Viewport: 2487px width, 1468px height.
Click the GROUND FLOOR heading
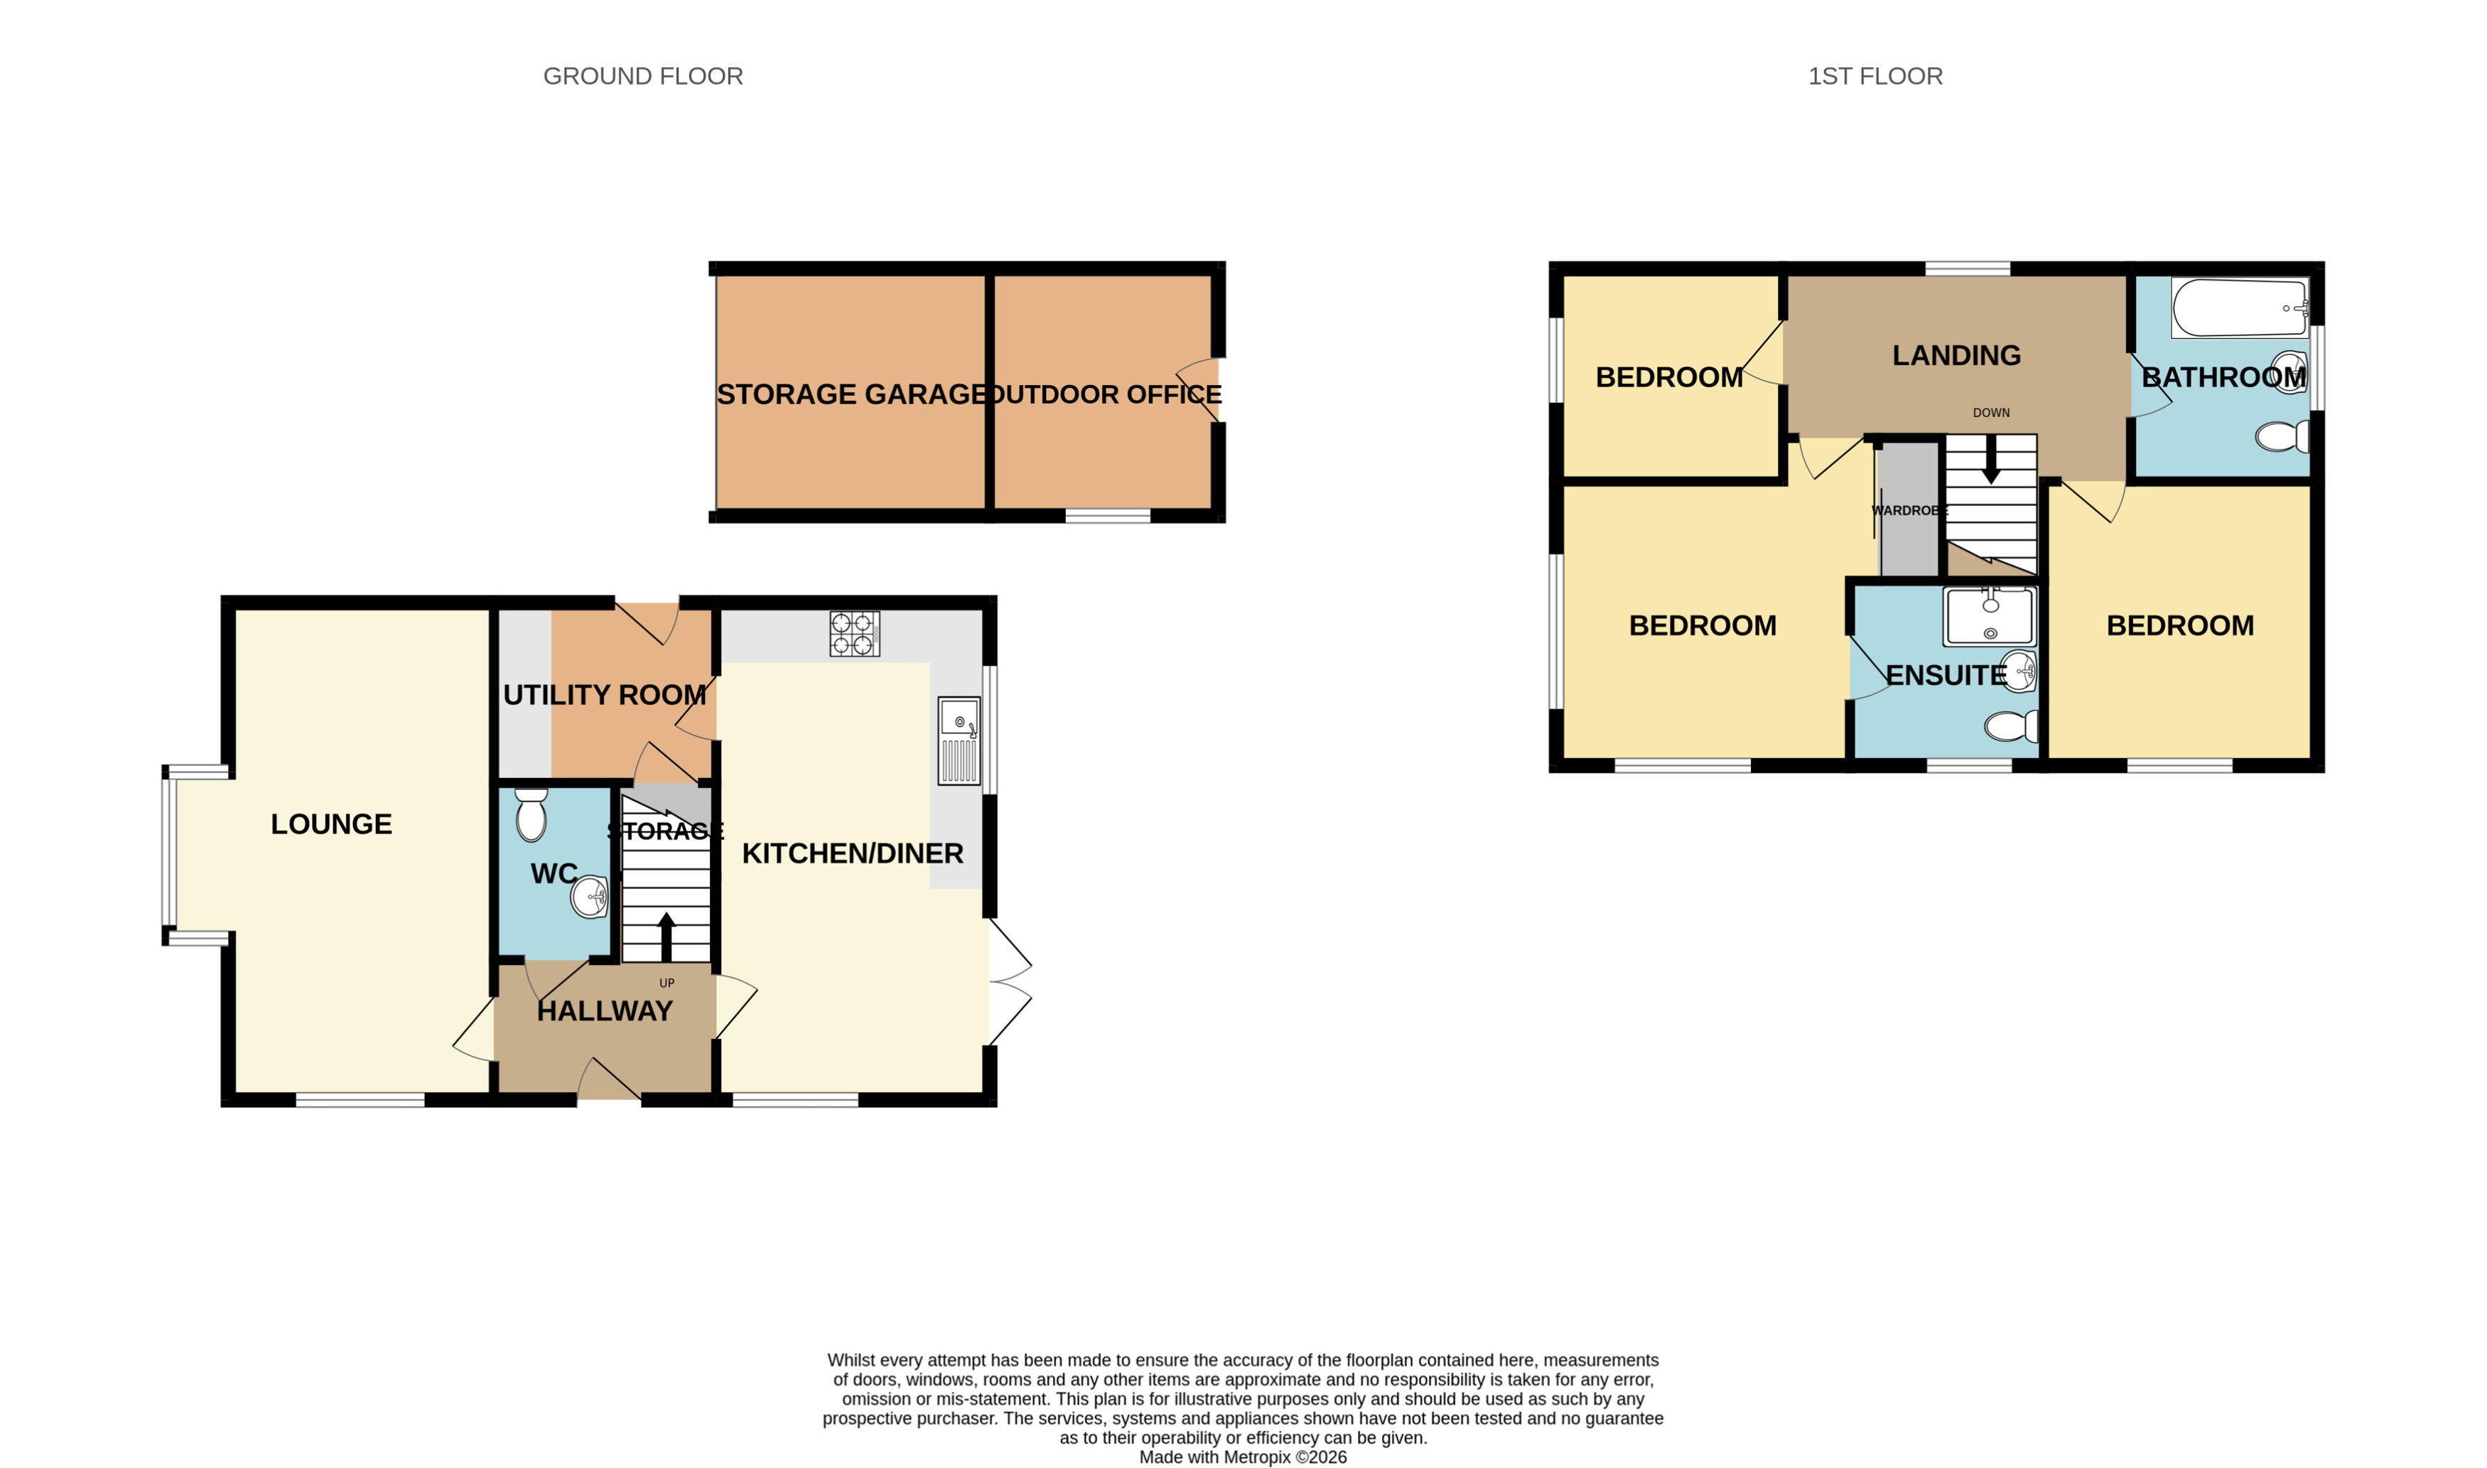[643, 76]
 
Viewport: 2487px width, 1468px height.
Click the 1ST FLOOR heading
[1874, 76]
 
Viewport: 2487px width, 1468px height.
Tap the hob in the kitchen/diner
[853, 634]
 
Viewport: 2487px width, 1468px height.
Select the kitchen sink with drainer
[959, 741]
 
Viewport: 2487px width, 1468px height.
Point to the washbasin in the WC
[590, 897]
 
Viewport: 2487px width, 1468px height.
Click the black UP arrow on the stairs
[666, 936]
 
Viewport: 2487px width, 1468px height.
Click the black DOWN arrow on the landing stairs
[1990, 460]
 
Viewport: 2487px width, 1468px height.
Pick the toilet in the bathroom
[2281, 436]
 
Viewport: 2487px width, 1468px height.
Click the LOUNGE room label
[331, 824]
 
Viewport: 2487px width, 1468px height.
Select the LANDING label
[1955, 355]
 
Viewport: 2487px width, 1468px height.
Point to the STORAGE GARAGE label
[851, 394]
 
